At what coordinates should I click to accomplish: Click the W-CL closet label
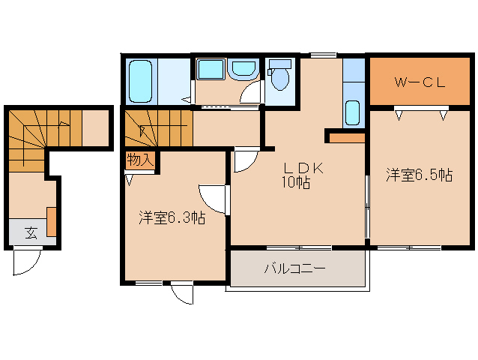420,82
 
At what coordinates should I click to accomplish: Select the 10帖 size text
297,183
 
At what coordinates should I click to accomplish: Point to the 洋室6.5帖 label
419,175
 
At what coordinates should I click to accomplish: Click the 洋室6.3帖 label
172,218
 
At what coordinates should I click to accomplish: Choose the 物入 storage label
139,160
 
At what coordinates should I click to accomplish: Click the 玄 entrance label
31,232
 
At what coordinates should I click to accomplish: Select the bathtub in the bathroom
141,81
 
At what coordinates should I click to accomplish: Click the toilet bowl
281,76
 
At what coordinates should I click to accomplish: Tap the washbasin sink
242,70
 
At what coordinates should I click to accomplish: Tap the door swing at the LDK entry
244,160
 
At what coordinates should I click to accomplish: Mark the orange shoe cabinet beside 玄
52,221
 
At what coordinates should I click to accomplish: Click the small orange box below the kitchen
345,137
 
